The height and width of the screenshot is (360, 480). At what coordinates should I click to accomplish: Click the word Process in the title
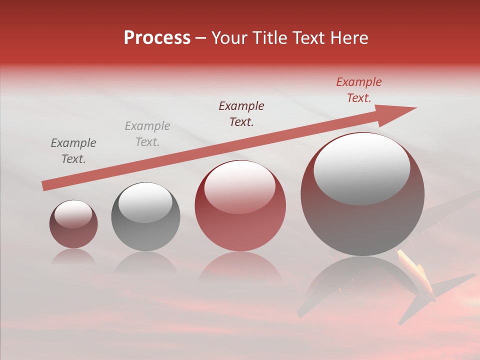click(157, 37)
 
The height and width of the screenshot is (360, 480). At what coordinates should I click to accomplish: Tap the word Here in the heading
click(348, 38)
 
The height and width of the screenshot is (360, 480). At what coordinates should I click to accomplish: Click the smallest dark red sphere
click(73, 224)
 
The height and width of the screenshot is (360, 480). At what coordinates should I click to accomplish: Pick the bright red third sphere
click(240, 205)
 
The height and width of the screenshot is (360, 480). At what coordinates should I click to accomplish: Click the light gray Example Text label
click(147, 134)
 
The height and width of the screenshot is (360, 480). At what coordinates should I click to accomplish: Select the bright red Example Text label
click(359, 90)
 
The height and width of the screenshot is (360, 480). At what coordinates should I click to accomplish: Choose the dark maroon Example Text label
click(241, 114)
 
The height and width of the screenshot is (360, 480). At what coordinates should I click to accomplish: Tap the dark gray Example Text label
click(73, 151)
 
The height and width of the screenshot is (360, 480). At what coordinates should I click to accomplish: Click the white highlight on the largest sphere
click(362, 169)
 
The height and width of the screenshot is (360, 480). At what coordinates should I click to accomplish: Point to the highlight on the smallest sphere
click(73, 214)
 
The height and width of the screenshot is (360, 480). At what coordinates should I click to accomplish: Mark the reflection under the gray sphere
click(145, 263)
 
